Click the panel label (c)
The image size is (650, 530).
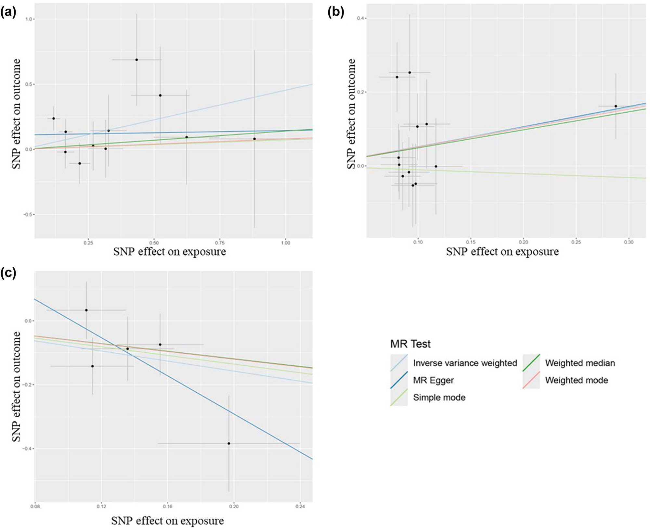click(x=8, y=273)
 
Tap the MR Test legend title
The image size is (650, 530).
click(x=410, y=344)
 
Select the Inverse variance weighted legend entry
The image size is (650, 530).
click(x=464, y=363)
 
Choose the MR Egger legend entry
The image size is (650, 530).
click(x=433, y=380)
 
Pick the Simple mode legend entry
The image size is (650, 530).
click(x=439, y=397)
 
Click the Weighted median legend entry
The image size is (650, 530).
click(x=580, y=363)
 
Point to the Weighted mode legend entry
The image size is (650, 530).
click(x=576, y=380)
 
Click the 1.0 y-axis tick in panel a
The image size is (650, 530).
click(x=29, y=19)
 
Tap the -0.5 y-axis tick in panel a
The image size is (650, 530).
click(x=28, y=215)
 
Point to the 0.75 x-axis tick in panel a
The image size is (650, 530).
click(x=220, y=243)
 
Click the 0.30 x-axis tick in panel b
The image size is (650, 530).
click(x=629, y=242)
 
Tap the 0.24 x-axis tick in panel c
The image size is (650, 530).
click(x=300, y=506)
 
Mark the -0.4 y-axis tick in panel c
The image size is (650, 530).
click(x=27, y=448)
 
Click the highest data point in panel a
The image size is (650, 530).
click(x=136, y=60)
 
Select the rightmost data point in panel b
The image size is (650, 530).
click(x=616, y=106)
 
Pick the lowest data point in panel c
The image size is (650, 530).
click(x=229, y=443)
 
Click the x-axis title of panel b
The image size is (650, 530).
click(x=502, y=252)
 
